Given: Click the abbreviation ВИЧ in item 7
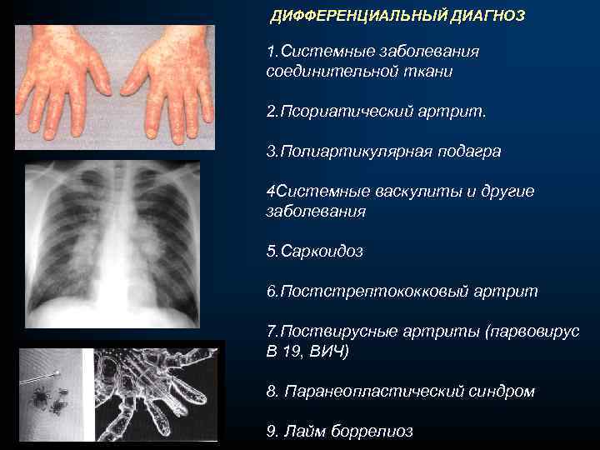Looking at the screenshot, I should [x=327, y=351].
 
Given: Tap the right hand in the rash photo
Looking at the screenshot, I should [x=167, y=83].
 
